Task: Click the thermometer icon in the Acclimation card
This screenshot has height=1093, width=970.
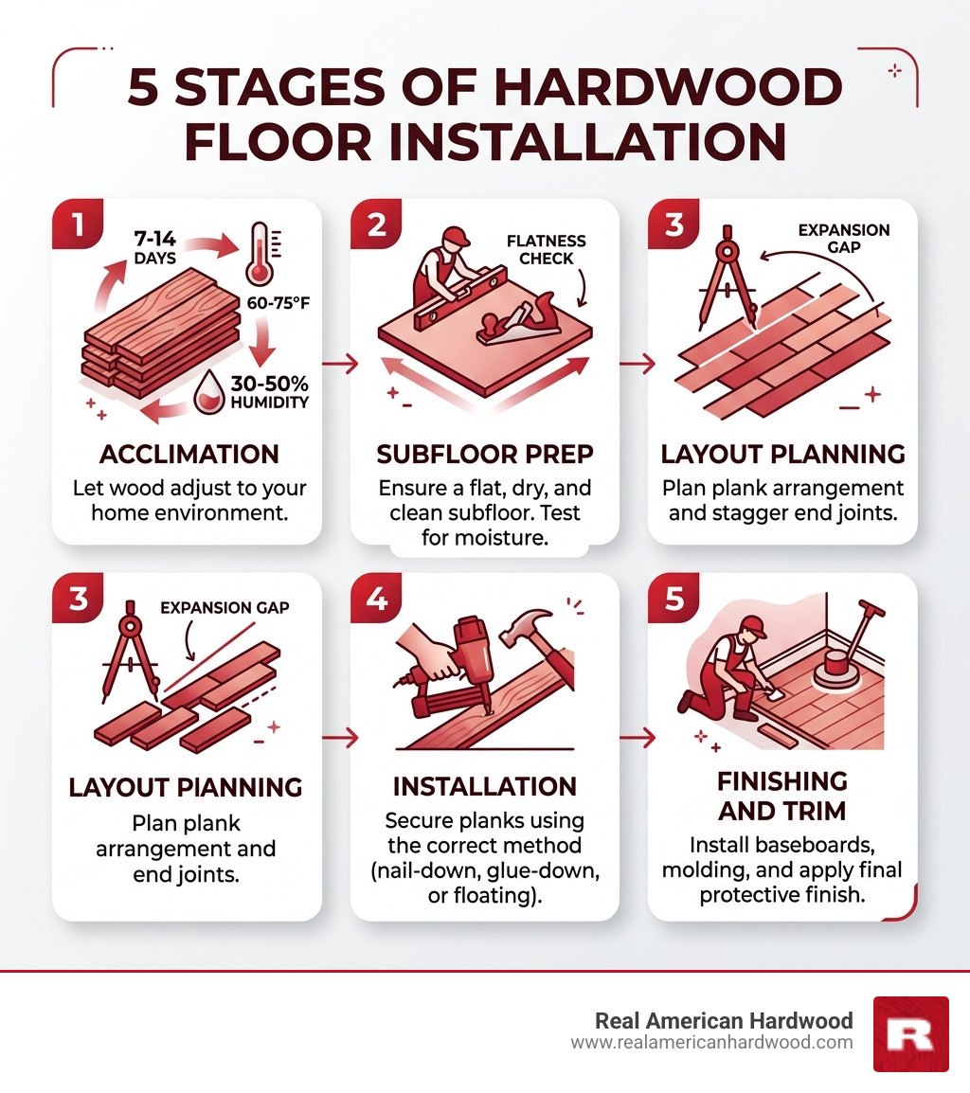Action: [259, 254]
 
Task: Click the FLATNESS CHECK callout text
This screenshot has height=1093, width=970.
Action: [546, 249]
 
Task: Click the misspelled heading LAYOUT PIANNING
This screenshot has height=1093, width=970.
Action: [186, 787]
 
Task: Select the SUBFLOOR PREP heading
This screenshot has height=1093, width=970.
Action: [484, 454]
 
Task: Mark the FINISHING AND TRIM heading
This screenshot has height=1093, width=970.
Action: [782, 797]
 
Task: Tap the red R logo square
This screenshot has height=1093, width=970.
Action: [909, 1033]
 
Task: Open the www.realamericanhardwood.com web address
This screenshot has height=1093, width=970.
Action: [711, 1043]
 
